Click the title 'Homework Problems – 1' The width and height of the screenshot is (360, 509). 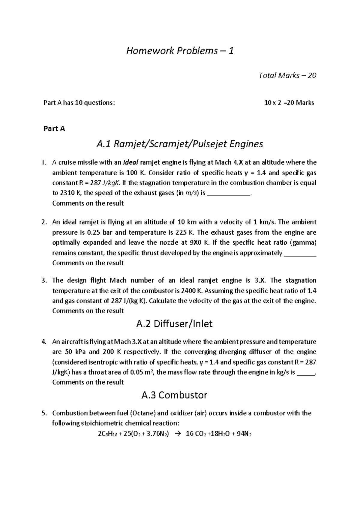pos(180,51)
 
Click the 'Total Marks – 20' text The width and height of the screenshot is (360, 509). pos(287,75)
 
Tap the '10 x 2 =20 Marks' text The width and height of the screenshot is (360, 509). pos(289,103)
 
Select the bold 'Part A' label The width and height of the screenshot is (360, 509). pos(54,129)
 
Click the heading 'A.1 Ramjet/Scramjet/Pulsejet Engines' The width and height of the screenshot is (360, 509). pos(179,144)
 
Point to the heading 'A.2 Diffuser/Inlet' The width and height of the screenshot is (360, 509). pos(174,324)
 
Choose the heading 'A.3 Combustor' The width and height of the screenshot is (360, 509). pos(174,395)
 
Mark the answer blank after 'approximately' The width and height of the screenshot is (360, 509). pos(300,253)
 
